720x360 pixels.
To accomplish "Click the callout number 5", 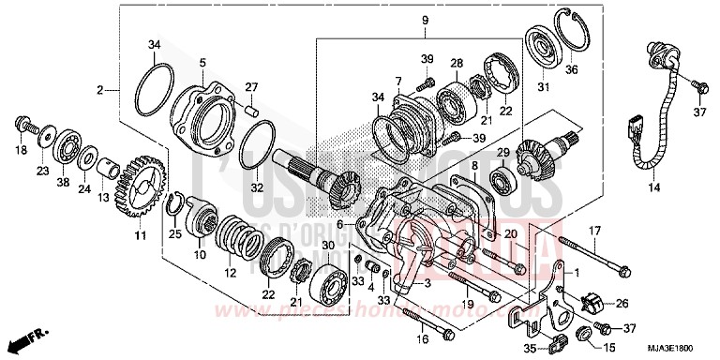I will click(202, 62).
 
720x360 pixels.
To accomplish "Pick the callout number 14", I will click(653, 188).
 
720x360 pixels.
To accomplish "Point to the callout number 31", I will click(540, 88).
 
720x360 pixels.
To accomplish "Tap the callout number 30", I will click(327, 246).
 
